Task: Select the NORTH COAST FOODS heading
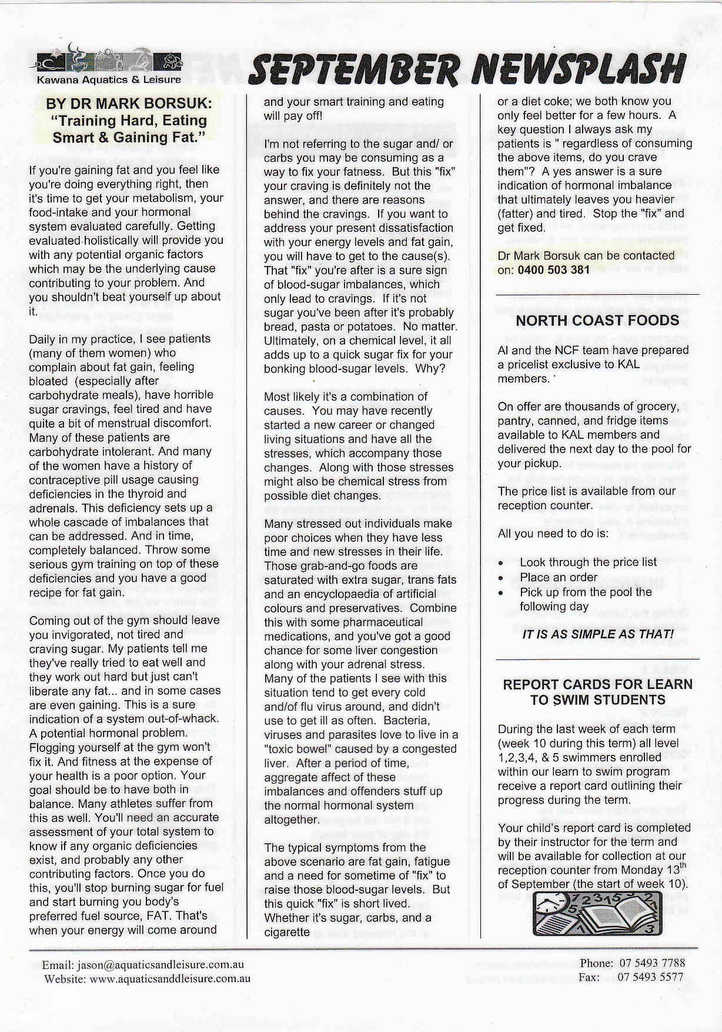[x=597, y=321]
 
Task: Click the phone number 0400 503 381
[x=553, y=270]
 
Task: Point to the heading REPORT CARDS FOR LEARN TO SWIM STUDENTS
[x=597, y=692]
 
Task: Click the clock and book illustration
[x=597, y=914]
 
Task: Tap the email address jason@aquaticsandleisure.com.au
[x=159, y=965]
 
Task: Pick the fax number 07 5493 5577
[x=651, y=977]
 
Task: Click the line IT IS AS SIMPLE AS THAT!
[x=597, y=634]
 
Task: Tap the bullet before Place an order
[x=500, y=578]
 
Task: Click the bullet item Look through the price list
[x=588, y=562]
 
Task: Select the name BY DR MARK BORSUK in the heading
[x=129, y=104]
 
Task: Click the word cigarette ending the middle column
[x=287, y=932]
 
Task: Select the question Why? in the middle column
[x=432, y=369]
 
